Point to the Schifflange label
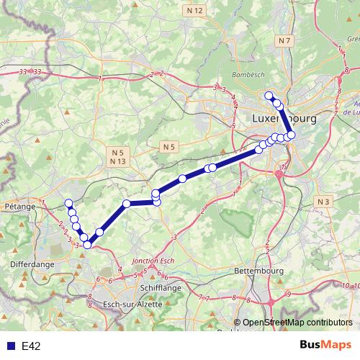(x=151, y=286)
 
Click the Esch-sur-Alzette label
(x=134, y=304)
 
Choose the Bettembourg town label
(x=256, y=271)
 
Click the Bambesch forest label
(x=245, y=75)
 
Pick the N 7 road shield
(x=285, y=41)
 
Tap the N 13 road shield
(x=118, y=161)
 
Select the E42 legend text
(x=31, y=346)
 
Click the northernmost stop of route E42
(x=269, y=96)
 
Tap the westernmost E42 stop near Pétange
(x=68, y=203)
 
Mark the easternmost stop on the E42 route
(x=291, y=135)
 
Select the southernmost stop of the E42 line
(x=88, y=245)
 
